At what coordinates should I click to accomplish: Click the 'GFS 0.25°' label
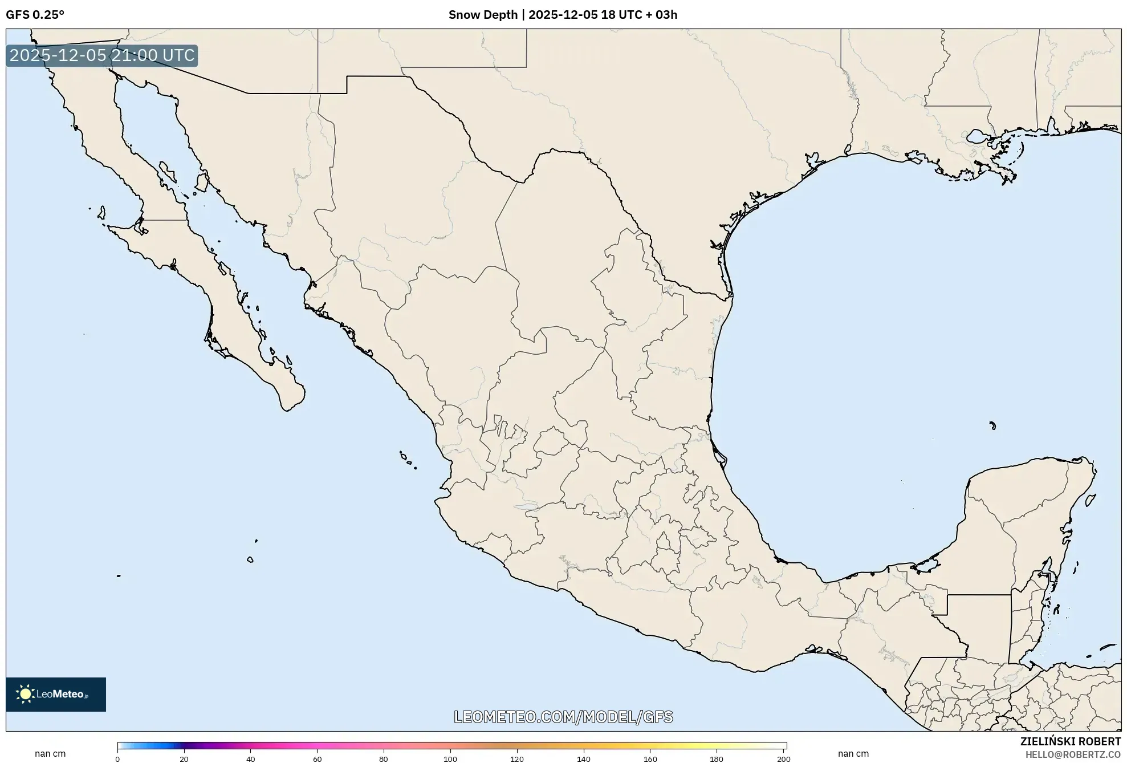35,15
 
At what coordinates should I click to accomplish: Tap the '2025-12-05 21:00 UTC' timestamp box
102,55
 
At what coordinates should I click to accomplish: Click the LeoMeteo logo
56,694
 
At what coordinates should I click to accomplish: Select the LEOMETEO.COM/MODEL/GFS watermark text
563,717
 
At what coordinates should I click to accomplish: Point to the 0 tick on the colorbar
117,758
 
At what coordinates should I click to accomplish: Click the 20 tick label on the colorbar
184,758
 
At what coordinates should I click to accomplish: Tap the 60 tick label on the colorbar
317,758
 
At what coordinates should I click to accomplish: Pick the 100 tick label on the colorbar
450,758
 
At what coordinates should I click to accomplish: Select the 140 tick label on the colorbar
583,758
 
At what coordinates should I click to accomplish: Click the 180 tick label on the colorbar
717,758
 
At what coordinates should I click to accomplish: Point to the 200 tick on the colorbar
784,758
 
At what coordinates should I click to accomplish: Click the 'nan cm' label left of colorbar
50,754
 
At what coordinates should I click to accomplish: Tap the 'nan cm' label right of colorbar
853,754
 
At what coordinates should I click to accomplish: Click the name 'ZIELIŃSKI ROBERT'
1070,741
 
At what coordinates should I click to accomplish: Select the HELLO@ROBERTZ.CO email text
1073,754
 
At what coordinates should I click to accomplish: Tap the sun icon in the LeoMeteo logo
25,694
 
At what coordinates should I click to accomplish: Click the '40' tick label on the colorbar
250,758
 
